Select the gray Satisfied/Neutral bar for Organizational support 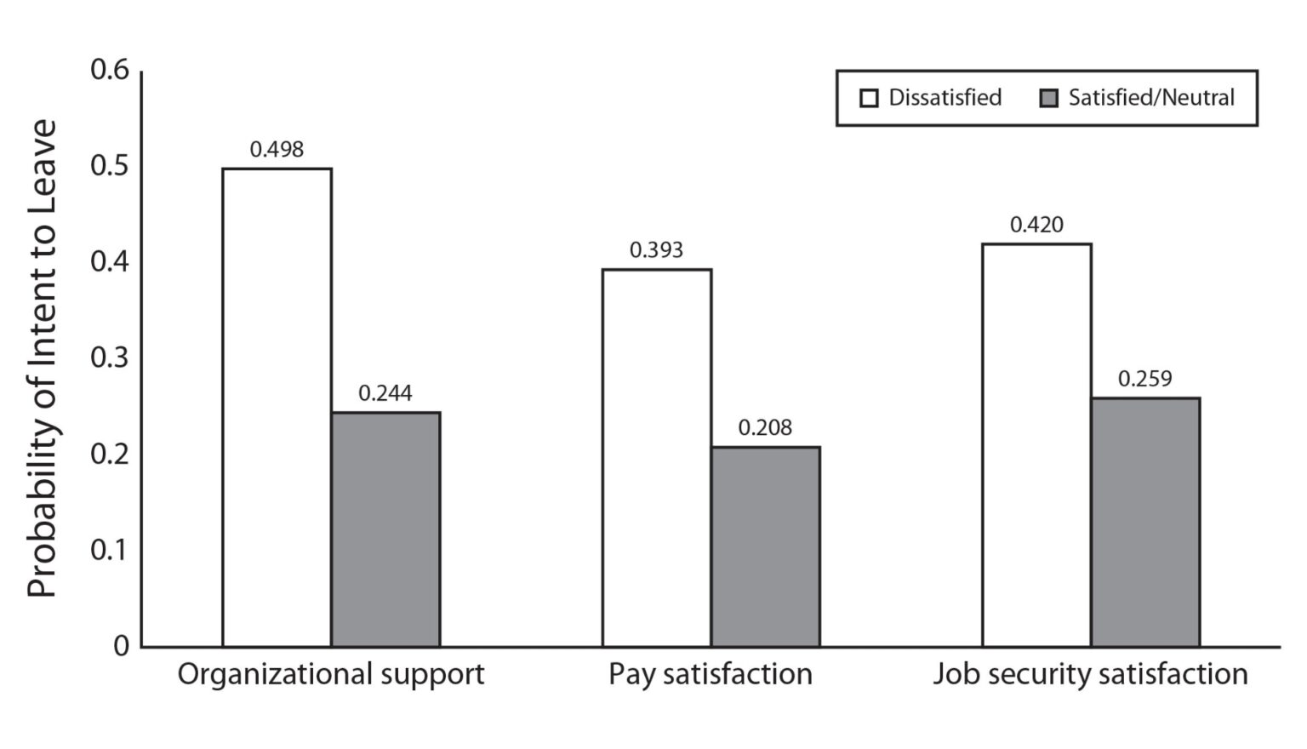pyautogui.click(x=385, y=529)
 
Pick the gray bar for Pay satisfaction pyautogui.click(x=765, y=546)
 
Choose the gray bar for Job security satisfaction pyautogui.click(x=1145, y=522)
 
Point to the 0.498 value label pyautogui.click(x=277, y=150)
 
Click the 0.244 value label pyautogui.click(x=385, y=393)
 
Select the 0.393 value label pyautogui.click(x=656, y=250)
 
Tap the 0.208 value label pyautogui.click(x=765, y=427)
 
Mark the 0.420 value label pyautogui.click(x=1036, y=225)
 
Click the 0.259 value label pyautogui.click(x=1144, y=379)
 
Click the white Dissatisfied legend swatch pyautogui.click(x=869, y=99)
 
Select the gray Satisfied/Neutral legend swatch pyautogui.click(x=1049, y=99)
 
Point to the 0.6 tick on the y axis pyautogui.click(x=110, y=70)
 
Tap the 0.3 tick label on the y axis pyautogui.click(x=110, y=357)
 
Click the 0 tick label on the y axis pyautogui.click(x=121, y=646)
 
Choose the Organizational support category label pyautogui.click(x=331, y=674)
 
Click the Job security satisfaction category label pyautogui.click(x=1090, y=674)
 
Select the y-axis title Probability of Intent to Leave pyautogui.click(x=42, y=357)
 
